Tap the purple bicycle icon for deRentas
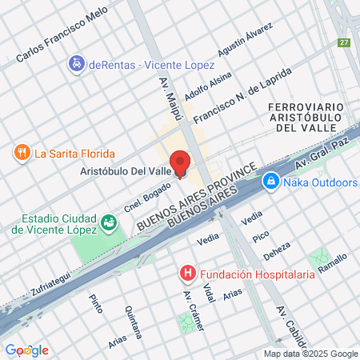tap(77, 63)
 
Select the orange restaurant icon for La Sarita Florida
tap(22, 153)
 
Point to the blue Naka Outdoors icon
tap(271, 183)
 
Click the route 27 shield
tap(345, 42)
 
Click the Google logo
tap(26, 350)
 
